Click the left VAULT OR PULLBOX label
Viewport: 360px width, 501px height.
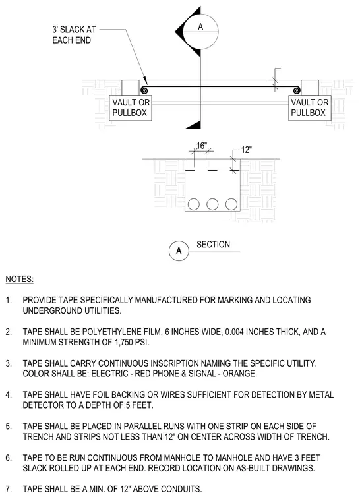tap(131, 107)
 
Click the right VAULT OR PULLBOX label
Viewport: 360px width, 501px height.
tap(309, 107)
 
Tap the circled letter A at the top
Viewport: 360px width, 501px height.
tap(200, 27)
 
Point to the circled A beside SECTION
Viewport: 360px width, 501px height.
tap(179, 250)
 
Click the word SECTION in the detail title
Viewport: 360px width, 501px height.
tap(213, 245)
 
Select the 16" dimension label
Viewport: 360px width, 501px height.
tap(201, 146)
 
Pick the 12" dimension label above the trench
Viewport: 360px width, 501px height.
tap(246, 150)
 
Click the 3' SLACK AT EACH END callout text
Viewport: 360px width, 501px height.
tap(74, 35)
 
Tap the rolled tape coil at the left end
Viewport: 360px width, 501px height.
tap(144, 90)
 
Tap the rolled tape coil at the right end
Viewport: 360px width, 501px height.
tap(297, 90)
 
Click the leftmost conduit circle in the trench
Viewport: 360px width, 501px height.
tap(194, 204)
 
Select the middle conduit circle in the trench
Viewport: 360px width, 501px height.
tap(212, 204)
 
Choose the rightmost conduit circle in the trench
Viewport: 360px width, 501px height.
tap(231, 204)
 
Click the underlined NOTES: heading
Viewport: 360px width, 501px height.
tap(20, 280)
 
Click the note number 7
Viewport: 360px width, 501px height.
tap(9, 489)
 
